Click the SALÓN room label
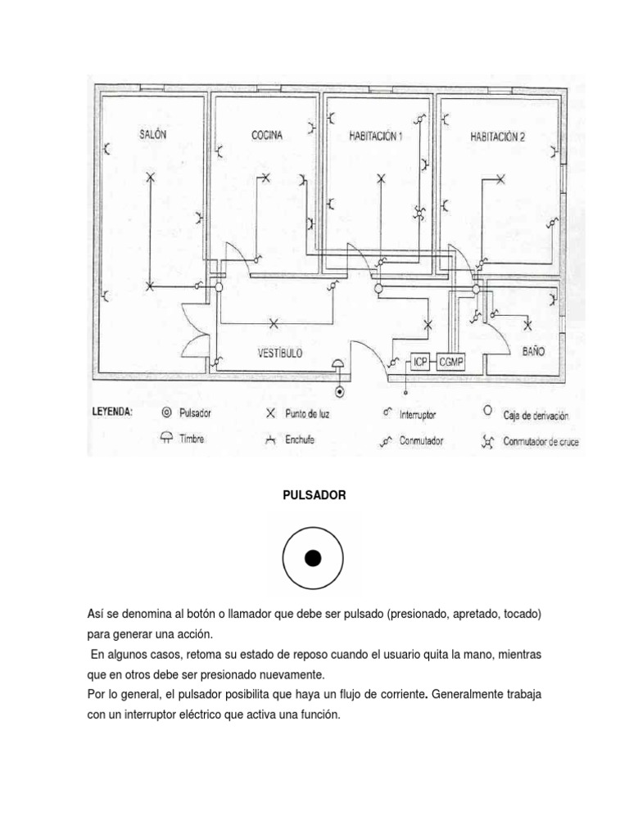click(152, 135)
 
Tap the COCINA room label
click(267, 136)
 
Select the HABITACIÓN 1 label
click(376, 137)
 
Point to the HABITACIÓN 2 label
click(497, 137)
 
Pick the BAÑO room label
click(533, 351)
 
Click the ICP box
click(420, 361)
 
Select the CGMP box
click(450, 361)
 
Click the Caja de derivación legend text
click(535, 416)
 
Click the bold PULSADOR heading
click(313, 496)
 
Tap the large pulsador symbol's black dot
click(313, 559)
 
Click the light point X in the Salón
click(149, 178)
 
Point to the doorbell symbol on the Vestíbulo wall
click(338, 366)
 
